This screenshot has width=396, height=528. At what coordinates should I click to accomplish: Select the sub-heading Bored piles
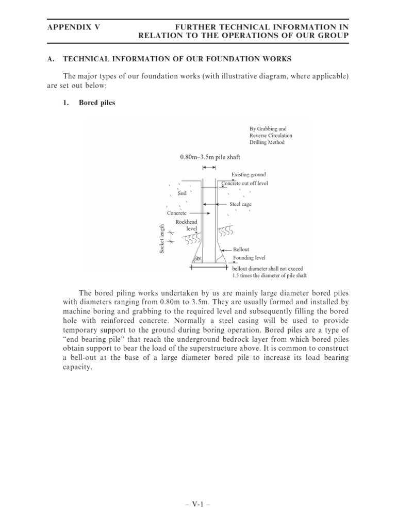97,103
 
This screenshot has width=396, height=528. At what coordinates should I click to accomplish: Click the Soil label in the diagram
181,193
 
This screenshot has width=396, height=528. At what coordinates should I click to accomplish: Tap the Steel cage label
240,204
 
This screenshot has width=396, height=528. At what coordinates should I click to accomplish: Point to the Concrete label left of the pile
177,212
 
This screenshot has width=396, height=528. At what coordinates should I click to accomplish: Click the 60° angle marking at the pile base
197,258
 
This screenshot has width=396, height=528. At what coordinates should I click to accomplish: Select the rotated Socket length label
162,239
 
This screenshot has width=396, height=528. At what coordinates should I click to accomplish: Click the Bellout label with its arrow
241,250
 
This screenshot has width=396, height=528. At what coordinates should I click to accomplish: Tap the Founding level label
249,258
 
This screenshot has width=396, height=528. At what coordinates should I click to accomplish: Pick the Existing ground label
249,175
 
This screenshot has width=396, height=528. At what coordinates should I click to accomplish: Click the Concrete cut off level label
245,183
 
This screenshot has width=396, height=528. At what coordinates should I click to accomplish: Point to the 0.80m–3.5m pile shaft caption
209,156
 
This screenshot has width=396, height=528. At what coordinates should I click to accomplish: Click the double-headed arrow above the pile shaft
209,168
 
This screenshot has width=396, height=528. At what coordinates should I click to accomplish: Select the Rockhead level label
187,224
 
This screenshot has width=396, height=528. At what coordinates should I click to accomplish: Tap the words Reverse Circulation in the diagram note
270,135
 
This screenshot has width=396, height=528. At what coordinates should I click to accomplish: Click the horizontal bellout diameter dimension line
209,268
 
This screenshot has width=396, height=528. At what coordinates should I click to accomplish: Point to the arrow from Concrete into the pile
199,212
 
